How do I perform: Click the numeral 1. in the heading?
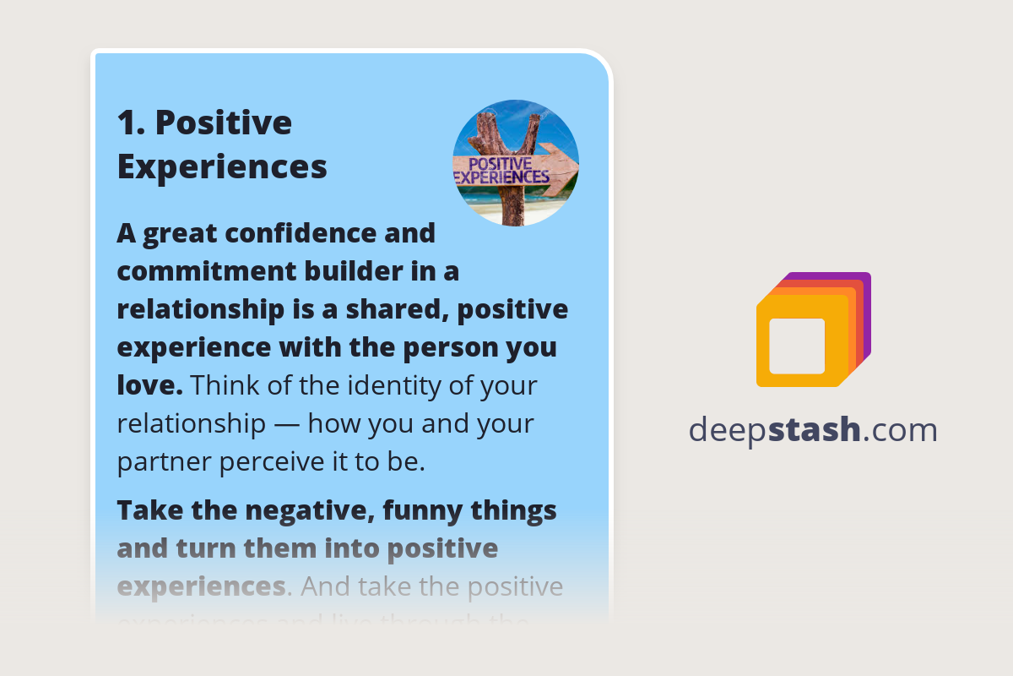click(132, 123)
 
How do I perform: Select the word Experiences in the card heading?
click(222, 166)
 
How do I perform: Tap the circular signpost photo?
click(516, 163)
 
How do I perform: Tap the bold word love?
click(149, 386)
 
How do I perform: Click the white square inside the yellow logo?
click(797, 346)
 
